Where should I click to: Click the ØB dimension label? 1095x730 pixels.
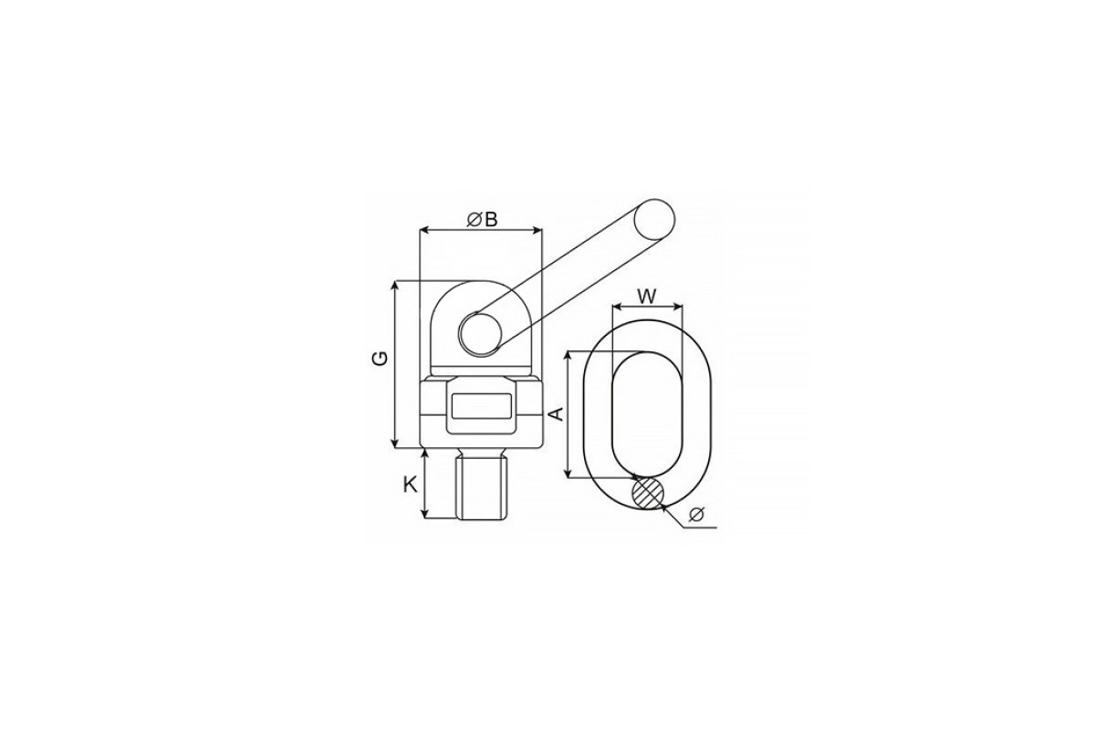[483, 220]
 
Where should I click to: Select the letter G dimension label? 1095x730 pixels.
[381, 358]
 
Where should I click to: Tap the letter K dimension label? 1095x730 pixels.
[410, 485]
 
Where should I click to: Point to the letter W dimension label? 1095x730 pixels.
[647, 297]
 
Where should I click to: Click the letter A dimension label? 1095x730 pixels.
[557, 413]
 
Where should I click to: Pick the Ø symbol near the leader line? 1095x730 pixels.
[696, 515]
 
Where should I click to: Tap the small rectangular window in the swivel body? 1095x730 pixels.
[482, 406]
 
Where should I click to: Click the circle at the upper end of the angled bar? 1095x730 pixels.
[654, 219]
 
